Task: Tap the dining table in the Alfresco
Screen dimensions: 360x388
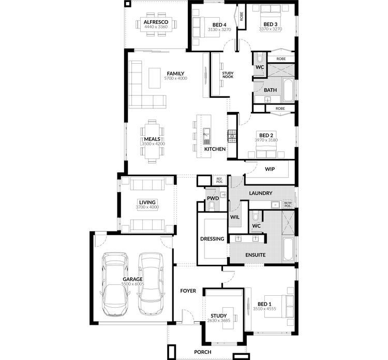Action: click(156, 33)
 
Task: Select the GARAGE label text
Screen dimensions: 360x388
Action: click(133, 279)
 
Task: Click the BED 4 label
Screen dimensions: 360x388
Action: click(219, 24)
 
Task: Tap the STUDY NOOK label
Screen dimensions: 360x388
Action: click(228, 76)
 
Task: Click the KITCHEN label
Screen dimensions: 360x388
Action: click(215, 149)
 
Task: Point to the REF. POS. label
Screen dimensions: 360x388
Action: click(219, 181)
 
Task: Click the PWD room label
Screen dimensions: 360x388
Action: click(213, 198)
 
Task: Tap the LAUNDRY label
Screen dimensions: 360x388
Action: click(260, 193)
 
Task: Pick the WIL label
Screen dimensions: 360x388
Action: click(234, 218)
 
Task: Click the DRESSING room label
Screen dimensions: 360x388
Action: click(212, 239)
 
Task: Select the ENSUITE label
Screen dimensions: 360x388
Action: click(256, 255)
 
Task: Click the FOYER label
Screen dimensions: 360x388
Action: click(188, 291)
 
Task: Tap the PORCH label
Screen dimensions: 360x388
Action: click(203, 352)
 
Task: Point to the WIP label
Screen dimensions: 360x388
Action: click(270, 169)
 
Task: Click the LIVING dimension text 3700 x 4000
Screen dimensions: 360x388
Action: click(147, 207)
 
